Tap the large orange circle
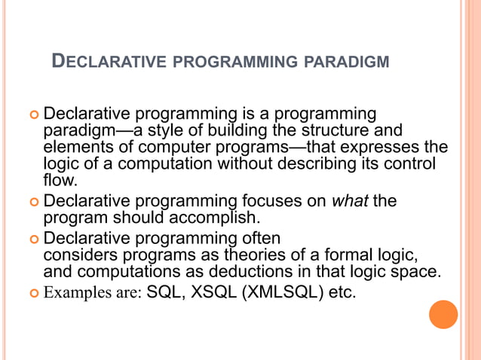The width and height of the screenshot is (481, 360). [x=443, y=313]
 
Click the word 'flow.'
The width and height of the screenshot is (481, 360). [x=60, y=180]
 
